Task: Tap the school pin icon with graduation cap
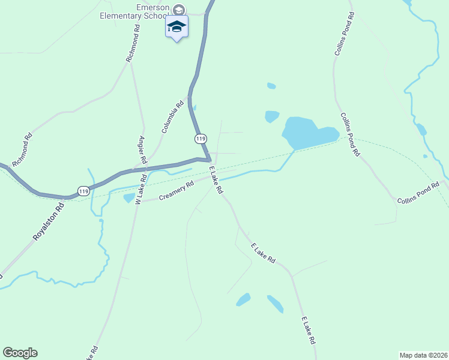click(x=176, y=26)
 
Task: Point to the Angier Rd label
click(x=143, y=151)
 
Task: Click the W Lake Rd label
click(x=140, y=189)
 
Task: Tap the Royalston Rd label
click(x=48, y=223)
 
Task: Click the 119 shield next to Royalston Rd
click(x=83, y=191)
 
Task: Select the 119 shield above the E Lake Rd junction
click(x=201, y=139)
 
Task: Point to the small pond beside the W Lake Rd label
click(x=128, y=198)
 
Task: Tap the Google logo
click(x=20, y=353)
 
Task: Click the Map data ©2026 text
click(x=423, y=355)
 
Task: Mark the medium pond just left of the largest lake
click(x=272, y=116)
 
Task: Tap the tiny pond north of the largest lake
click(x=271, y=86)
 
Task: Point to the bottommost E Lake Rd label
click(x=309, y=330)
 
